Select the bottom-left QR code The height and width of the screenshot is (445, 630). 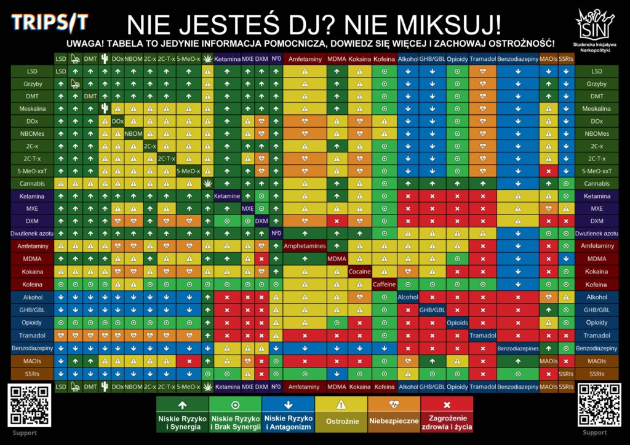click(29, 404)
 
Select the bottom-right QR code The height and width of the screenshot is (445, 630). click(599, 404)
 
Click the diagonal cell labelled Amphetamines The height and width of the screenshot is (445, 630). click(305, 246)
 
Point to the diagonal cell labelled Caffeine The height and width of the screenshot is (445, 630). click(384, 284)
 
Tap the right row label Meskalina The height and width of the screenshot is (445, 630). click(596, 109)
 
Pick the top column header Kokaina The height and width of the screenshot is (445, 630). click(359, 60)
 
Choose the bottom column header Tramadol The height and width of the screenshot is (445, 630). click(482, 387)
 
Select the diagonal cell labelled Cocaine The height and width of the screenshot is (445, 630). click(359, 271)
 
